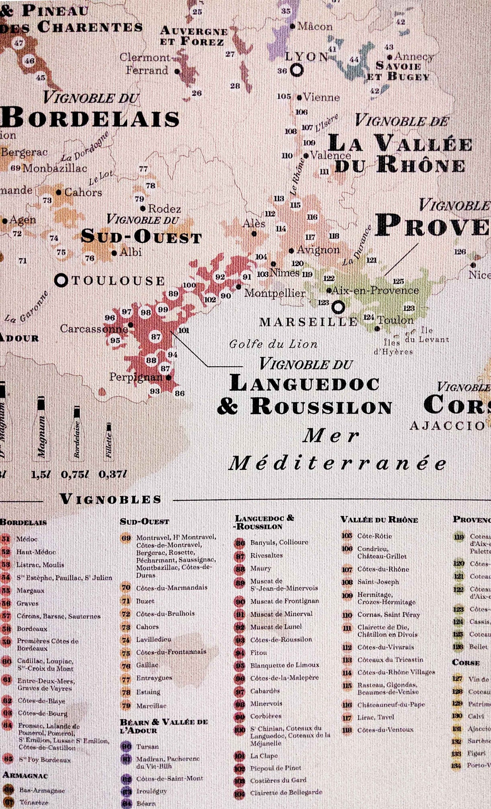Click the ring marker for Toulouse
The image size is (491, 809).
coord(61,281)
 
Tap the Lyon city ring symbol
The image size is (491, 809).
coord(297,70)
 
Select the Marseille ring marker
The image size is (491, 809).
coord(338,307)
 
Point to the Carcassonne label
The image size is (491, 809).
coord(93,329)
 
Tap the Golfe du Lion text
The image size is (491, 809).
coord(273,344)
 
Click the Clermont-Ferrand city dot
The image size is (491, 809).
coord(177,71)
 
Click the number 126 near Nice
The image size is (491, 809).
coord(460,251)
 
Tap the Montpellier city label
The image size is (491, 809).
coord(274,293)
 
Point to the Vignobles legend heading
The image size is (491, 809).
coord(111,499)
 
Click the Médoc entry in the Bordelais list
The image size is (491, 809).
coord(27,539)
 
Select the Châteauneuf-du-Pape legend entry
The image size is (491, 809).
coord(391,705)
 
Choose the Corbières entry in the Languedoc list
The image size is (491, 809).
coord(266,716)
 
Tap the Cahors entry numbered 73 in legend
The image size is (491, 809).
coord(147,627)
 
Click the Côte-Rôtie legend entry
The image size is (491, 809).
coord(374,536)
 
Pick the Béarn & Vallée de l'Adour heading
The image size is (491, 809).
coord(164,726)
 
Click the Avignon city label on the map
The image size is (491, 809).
coord(318,250)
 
